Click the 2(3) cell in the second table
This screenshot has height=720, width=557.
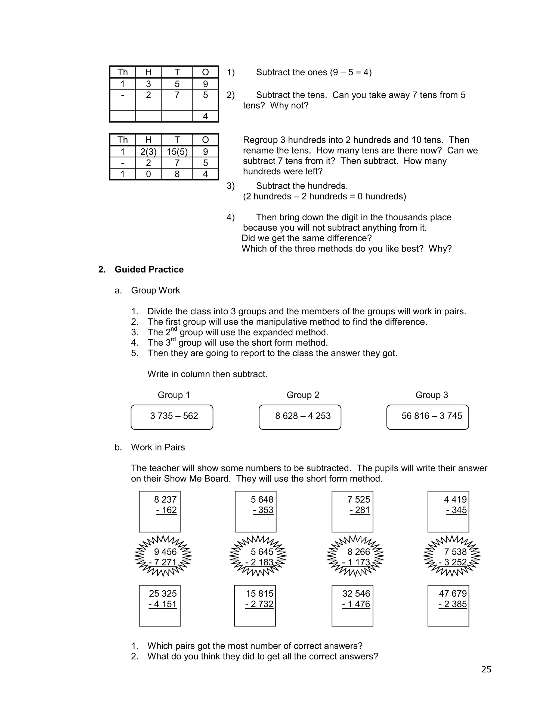point(148,152)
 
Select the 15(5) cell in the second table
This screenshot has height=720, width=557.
point(177,152)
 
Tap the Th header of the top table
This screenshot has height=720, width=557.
point(122,72)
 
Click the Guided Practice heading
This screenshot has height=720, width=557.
point(149,269)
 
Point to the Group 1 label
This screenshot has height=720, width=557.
point(174,395)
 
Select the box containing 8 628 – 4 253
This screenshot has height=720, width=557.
point(300,417)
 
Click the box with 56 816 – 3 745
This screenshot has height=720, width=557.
point(427,417)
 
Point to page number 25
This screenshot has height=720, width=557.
point(486,669)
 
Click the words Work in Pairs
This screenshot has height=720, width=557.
point(158,447)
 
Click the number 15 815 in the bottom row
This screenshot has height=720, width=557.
point(259,594)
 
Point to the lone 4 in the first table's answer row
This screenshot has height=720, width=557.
point(205,116)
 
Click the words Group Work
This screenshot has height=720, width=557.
point(155,290)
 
